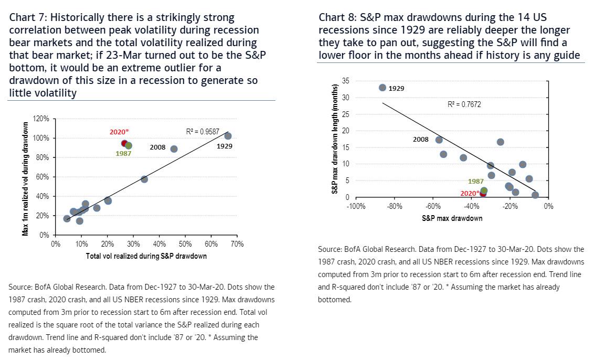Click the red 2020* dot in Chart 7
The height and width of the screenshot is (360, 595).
pos(124,143)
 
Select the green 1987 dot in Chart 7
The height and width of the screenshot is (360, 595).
pos(129,145)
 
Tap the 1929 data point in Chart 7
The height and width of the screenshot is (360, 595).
pos(228,136)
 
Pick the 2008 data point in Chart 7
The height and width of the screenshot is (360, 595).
pos(174,149)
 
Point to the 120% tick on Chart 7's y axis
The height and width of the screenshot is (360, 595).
pos(41,119)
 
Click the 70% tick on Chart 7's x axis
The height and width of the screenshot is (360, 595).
pos(237,244)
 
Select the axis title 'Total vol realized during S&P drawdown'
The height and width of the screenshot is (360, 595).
pos(146,256)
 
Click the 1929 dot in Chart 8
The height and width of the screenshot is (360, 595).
pos(382,88)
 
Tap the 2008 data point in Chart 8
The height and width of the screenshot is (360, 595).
pos(439,140)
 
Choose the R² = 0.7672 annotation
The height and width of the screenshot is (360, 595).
pos(464,104)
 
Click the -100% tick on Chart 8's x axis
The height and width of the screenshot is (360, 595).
pos(356,207)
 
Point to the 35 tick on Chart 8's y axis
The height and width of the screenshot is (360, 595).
pos(345,81)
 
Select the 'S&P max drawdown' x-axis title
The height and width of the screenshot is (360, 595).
pos(452,218)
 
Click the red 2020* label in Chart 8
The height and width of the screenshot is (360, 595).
pos(470,193)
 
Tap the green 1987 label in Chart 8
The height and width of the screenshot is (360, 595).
pos(475,182)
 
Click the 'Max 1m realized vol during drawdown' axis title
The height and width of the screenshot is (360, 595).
pos(25,177)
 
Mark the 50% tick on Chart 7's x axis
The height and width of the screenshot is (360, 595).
pos(185,244)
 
